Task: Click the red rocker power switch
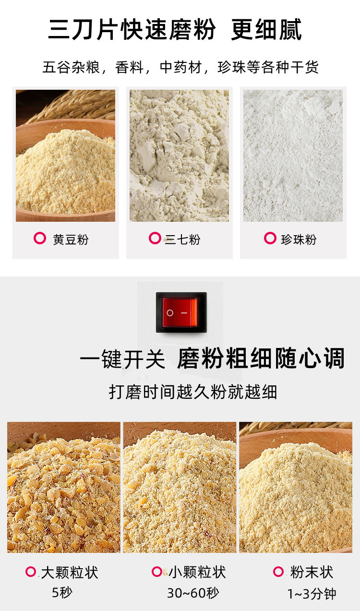tap(181, 312)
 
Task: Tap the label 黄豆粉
tap(71, 240)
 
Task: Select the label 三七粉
tap(182, 240)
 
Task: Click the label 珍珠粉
tap(299, 240)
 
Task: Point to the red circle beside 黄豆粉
tap(39, 239)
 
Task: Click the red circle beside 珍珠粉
tap(270, 238)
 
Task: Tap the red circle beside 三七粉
tap(155, 238)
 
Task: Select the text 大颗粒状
tap(70, 572)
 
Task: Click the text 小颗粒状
tap(197, 572)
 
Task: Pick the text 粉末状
tap(312, 572)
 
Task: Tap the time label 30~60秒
tap(192, 593)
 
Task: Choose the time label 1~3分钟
tap(312, 594)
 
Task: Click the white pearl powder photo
tap(293, 156)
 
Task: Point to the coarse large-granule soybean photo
tap(64, 487)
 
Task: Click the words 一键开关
tap(122, 359)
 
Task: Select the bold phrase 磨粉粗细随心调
tap(261, 359)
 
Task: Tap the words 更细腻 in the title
tap(266, 30)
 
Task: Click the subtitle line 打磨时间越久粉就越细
tap(193, 392)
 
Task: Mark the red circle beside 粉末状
tap(278, 571)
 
